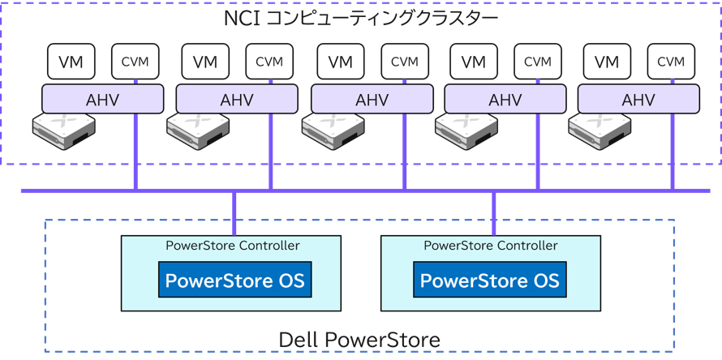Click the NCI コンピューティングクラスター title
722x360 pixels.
pyautogui.click(x=361, y=19)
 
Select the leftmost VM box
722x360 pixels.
pyautogui.click(x=71, y=62)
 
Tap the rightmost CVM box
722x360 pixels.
pyautogui.click(x=671, y=62)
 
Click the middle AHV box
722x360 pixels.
pyautogui.click(x=372, y=99)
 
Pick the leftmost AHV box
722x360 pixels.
pyautogui.click(x=103, y=99)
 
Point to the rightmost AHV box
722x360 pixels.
pyautogui.click(x=638, y=99)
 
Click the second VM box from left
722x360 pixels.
pyautogui.click(x=205, y=62)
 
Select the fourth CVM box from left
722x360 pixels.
pyautogui.click(x=538, y=62)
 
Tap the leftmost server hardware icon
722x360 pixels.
pyautogui.click(x=64, y=131)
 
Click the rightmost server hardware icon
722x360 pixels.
pyautogui.click(x=600, y=131)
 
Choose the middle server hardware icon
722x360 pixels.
pyautogui.click(x=333, y=131)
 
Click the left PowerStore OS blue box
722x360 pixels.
pyautogui.click(x=234, y=280)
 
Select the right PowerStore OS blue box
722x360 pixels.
pyautogui.click(x=490, y=280)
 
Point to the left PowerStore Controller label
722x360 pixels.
pyautogui.click(x=233, y=246)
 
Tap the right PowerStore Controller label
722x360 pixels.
pyautogui.click(x=490, y=246)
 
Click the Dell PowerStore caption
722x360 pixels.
pyautogui.click(x=359, y=341)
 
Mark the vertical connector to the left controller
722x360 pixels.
pyautogui.click(x=234, y=214)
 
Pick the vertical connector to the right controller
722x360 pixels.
pyautogui.click(x=494, y=214)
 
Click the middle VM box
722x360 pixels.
pyautogui.click(x=340, y=62)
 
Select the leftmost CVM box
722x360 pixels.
pyautogui.click(x=135, y=62)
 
